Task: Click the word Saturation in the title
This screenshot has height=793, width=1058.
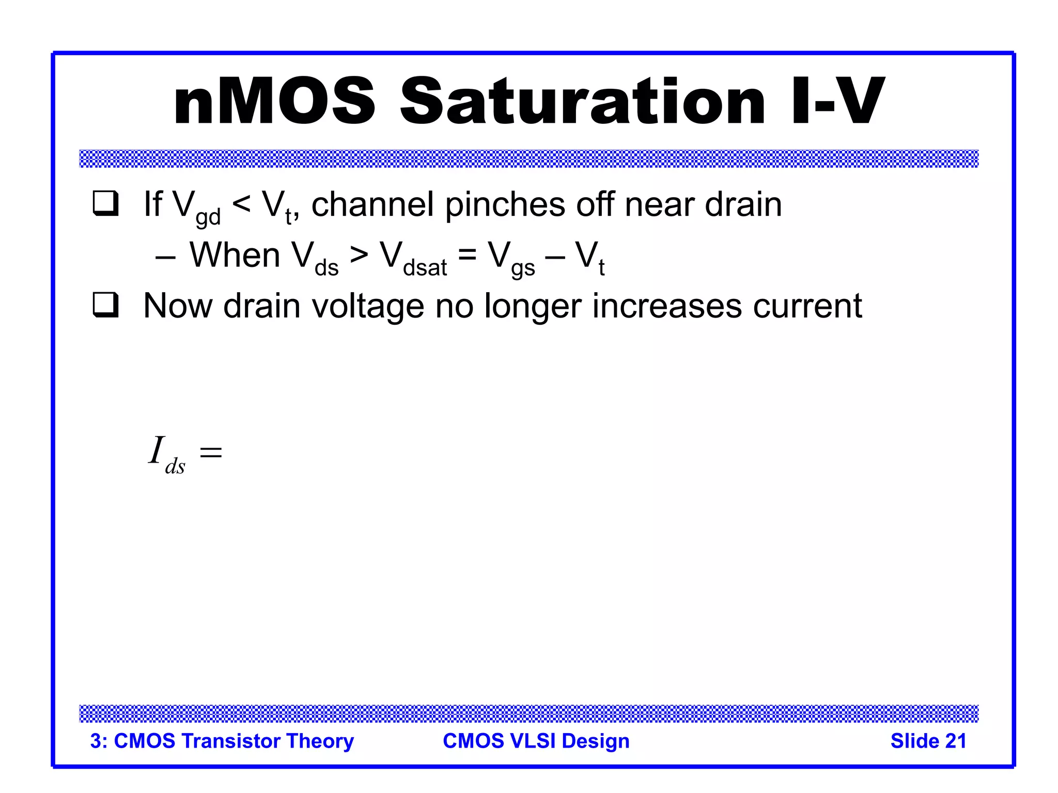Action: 582,102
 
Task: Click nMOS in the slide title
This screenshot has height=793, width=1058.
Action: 274,102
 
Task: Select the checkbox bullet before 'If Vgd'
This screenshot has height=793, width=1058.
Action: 105,203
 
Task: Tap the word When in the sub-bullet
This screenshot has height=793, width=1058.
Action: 235,255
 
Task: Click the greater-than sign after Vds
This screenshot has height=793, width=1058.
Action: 359,255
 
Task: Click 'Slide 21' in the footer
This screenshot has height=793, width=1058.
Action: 928,741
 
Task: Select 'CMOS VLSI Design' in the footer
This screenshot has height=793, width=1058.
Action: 536,741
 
